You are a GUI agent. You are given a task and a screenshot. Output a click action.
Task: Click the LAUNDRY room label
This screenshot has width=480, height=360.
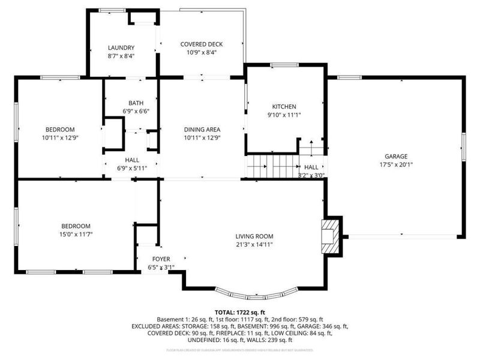coord(121,47)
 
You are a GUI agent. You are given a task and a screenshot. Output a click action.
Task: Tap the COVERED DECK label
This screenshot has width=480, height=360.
coord(202,44)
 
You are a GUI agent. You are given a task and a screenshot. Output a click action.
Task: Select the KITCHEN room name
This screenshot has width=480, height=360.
coord(284,106)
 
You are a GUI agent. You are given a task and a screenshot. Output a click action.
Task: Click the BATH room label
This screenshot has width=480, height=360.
coord(136,103)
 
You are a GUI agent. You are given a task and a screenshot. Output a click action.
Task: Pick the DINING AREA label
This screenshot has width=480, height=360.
coord(202,129)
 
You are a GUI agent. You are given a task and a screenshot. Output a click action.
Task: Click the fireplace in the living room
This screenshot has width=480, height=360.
coord(329,236)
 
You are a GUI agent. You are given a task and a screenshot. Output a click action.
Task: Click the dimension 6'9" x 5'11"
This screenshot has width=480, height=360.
coord(132,169)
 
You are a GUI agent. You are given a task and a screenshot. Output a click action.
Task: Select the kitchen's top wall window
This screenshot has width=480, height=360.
coord(284,65)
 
